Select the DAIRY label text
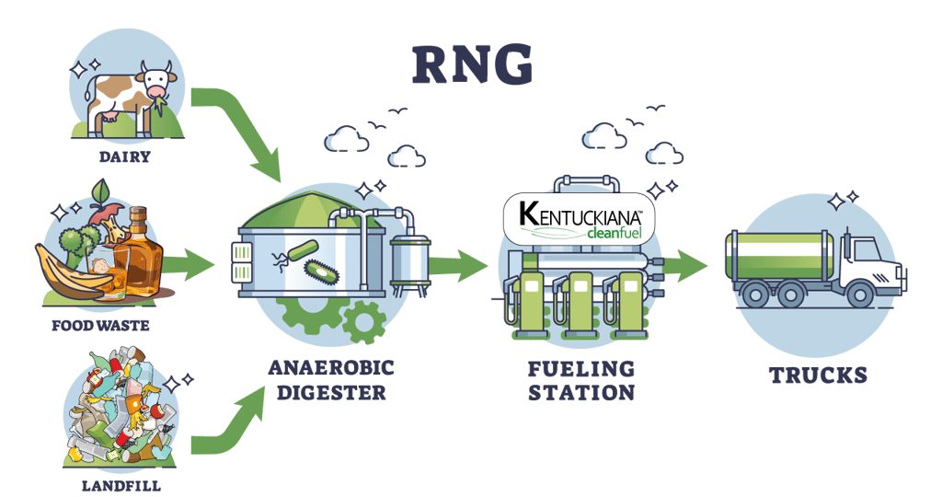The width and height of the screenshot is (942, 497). tap(125, 157)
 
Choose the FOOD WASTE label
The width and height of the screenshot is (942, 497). tap(102, 326)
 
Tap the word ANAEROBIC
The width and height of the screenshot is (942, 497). tap(330, 368)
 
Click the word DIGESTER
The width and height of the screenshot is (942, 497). tap(330, 392)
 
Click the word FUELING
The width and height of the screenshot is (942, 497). tap(580, 368)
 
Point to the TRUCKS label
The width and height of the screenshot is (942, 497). tap(818, 375)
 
